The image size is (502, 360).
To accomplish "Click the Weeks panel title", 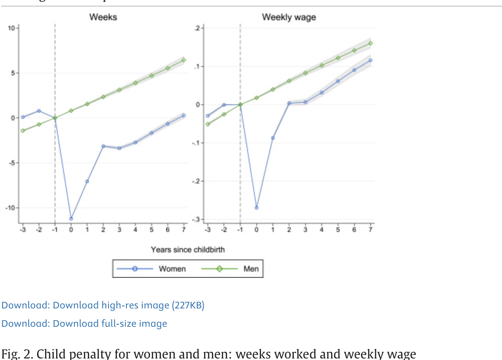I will (x=103, y=17).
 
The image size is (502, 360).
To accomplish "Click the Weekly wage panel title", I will (x=289, y=17).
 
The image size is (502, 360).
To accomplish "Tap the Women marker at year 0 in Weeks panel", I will (x=71, y=219).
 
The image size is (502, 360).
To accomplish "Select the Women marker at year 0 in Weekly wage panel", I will (x=256, y=208).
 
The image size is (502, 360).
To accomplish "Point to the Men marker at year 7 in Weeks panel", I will (x=184, y=60).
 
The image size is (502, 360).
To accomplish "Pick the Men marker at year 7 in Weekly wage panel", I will (x=370, y=43).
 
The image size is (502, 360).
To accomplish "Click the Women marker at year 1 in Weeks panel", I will (x=87, y=181).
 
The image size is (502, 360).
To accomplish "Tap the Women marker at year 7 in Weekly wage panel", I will (x=370, y=60).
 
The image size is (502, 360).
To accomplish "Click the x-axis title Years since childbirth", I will (x=188, y=250).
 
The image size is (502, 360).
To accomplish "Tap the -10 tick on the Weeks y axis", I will (x=10, y=208).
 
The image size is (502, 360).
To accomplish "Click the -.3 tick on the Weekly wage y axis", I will (x=196, y=219).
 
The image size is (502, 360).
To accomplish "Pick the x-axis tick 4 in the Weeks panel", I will (x=135, y=230).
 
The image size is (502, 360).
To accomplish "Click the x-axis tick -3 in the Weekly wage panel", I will (x=207, y=230).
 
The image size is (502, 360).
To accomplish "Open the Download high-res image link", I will (x=103, y=305).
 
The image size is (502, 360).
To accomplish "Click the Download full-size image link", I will (x=84, y=323).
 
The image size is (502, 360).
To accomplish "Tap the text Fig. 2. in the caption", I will (x=16, y=354).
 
